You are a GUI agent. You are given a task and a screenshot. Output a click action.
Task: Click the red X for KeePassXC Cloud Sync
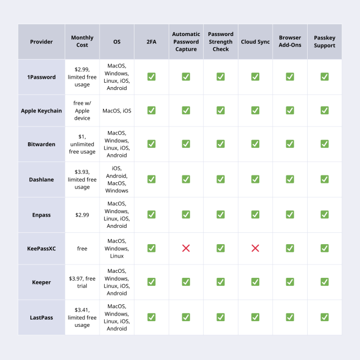255,248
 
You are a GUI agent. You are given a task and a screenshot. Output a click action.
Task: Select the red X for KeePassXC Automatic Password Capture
186,248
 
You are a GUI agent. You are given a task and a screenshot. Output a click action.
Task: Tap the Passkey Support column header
325,42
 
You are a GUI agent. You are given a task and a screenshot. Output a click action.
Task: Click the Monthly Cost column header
82,42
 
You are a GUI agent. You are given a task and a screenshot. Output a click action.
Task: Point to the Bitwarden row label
42,144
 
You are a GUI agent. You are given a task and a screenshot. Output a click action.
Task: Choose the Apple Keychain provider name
42,111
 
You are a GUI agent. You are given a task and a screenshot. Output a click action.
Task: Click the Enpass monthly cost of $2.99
82,215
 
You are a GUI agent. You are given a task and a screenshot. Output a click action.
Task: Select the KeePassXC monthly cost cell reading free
82,248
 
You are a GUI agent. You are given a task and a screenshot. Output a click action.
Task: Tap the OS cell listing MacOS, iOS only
117,111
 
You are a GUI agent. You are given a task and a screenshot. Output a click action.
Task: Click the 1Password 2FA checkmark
151,76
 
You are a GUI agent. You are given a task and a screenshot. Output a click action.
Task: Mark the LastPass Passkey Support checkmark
325,317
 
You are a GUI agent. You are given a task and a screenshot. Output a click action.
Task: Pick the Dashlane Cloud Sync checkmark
255,179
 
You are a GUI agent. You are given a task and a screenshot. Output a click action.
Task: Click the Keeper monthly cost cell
82,282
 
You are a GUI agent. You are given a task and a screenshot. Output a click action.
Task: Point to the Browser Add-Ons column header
290,42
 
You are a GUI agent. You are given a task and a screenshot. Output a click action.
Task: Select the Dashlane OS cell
117,179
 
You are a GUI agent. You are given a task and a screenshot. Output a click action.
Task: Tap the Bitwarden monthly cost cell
82,144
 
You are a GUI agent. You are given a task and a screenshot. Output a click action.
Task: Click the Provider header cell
42,42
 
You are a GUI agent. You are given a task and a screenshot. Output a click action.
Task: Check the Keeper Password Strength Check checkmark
220,282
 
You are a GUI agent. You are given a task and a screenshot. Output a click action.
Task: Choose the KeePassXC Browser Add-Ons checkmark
290,248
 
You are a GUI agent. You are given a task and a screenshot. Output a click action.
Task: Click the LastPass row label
42,317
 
